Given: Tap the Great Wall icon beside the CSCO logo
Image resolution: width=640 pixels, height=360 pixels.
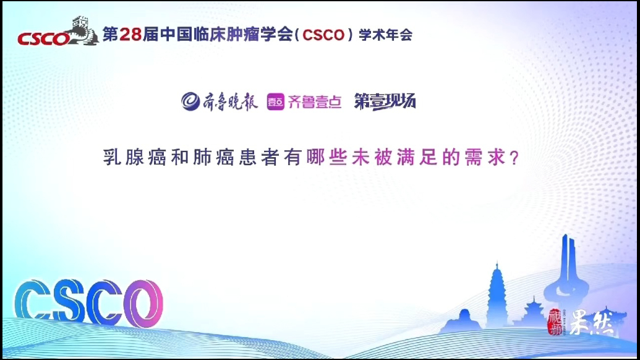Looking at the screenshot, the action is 83,30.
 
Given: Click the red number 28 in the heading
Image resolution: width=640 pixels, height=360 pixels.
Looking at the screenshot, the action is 130,34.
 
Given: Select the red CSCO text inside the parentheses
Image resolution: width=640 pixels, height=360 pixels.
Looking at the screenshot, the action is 323,35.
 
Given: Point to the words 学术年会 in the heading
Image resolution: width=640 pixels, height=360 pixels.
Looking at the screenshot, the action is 386,35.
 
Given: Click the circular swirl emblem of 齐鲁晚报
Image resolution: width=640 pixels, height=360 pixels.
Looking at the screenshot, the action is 190,101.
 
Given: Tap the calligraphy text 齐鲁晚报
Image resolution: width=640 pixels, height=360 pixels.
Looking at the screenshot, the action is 230,101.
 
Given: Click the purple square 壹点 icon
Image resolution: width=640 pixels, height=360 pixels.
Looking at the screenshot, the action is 276,101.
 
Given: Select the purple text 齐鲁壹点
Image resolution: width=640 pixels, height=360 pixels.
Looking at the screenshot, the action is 315,101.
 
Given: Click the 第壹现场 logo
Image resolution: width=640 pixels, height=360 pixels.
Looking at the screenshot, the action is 385,101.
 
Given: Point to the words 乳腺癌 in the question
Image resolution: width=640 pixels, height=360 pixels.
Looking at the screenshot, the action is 135,157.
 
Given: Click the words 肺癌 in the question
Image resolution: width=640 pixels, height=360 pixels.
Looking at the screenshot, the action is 213,157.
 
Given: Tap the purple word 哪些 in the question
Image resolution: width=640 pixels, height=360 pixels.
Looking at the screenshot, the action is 327,157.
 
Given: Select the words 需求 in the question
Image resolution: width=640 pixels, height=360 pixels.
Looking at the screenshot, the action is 485,157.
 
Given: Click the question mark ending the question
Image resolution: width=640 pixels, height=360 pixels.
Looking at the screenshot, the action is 514,158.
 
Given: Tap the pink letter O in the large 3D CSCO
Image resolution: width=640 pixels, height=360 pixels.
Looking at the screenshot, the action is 143,303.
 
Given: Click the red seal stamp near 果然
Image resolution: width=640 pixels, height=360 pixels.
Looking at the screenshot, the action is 555,322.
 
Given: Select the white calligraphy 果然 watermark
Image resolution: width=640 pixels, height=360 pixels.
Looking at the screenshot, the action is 591,322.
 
